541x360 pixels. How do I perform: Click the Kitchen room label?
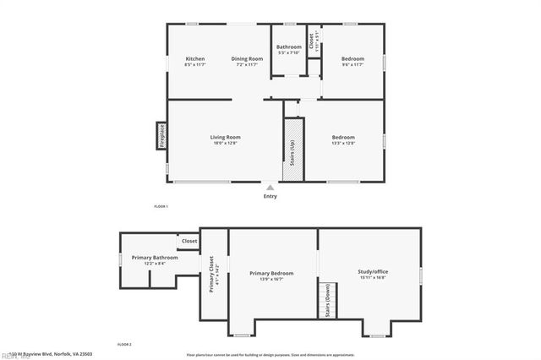tap(195, 59)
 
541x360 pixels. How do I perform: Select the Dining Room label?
tap(249, 59)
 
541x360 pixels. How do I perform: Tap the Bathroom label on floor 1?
tap(289, 47)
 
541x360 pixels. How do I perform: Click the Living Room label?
tap(226, 138)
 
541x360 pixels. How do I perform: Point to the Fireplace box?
tap(161, 136)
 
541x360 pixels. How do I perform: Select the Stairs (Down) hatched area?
tap(328, 300)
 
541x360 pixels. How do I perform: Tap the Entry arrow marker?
tap(270, 188)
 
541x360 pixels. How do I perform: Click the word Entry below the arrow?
tap(270, 197)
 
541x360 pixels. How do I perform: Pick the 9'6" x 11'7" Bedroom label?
tap(352, 59)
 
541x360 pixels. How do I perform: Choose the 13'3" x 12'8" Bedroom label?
tap(343, 138)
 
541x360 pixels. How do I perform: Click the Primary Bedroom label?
tap(271, 275)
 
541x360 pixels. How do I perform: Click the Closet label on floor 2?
tap(189, 241)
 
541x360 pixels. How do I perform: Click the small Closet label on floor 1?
tap(312, 39)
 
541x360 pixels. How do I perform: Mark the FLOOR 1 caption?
tap(161, 207)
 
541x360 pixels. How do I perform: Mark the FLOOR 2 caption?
tap(124, 345)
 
